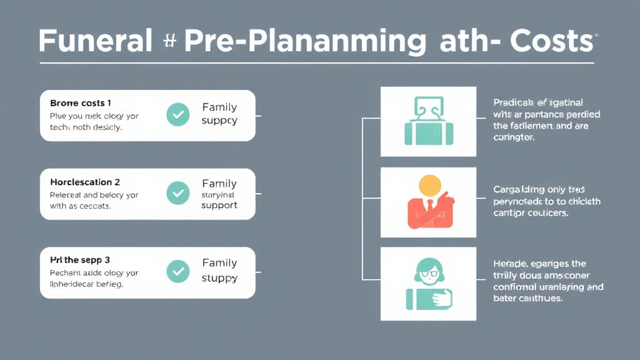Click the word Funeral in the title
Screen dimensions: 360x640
click(95, 41)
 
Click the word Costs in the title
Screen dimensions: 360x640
click(551, 41)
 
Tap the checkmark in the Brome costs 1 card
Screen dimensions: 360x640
click(178, 114)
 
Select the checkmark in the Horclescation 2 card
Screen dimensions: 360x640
click(178, 193)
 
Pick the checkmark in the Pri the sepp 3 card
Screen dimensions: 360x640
click(178, 271)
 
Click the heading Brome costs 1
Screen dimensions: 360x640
click(81, 102)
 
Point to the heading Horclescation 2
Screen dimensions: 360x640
click(85, 182)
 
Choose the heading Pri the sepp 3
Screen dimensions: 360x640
click(79, 260)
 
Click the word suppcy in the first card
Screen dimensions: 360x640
click(219, 120)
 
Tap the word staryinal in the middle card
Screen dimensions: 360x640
click(219, 194)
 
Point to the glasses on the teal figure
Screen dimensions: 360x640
click(429, 272)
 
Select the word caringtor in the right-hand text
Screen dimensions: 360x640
click(514, 137)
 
